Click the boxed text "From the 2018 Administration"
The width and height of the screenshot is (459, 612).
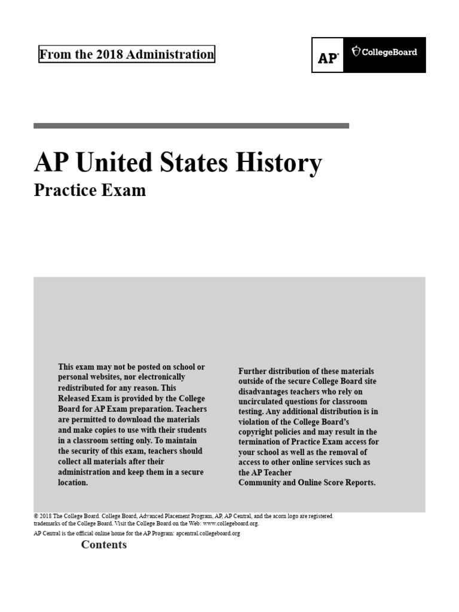126,55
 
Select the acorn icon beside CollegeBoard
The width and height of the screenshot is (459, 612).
357,51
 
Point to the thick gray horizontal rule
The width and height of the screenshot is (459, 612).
191,126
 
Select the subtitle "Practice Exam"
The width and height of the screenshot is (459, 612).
90,191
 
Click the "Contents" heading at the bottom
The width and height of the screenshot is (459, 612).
104,544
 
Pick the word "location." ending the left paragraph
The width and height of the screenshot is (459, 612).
73,482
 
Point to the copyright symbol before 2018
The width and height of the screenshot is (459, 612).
36,516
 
